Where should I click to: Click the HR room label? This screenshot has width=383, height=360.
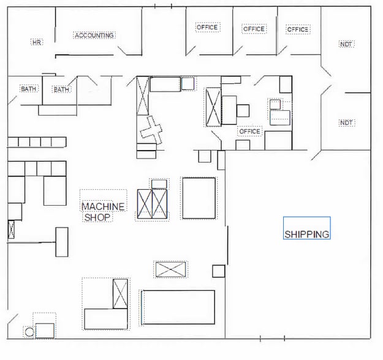[x=37, y=42]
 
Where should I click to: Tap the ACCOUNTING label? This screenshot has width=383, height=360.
[x=94, y=36]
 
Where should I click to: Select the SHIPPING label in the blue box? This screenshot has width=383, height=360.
[x=307, y=234]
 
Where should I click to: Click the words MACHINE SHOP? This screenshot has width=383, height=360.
[x=103, y=212]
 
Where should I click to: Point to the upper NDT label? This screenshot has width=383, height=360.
[x=346, y=45]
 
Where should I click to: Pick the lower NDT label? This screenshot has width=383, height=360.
[x=346, y=122]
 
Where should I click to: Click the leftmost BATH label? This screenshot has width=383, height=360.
[x=29, y=89]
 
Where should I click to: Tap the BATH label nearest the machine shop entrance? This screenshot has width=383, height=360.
[x=61, y=89]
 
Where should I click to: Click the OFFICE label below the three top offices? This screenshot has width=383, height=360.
[x=249, y=132]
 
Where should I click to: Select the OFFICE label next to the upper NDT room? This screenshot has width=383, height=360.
[x=298, y=29]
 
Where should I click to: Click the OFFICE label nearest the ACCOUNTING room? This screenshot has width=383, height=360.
[x=207, y=27]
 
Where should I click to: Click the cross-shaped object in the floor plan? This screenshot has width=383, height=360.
[x=151, y=130]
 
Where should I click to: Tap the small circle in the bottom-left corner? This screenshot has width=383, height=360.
[x=29, y=332]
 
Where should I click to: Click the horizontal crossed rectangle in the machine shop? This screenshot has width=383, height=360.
[x=171, y=269]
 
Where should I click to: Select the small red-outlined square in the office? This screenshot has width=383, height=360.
[x=275, y=105]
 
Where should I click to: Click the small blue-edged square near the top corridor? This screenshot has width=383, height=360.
[x=188, y=83]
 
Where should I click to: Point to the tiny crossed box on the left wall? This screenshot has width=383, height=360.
[x=11, y=230]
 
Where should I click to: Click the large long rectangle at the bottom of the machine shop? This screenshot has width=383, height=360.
[x=179, y=307]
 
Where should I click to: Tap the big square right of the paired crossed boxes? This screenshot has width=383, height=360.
[x=199, y=198]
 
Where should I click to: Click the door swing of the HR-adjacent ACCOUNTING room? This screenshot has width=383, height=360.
[x=122, y=51]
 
